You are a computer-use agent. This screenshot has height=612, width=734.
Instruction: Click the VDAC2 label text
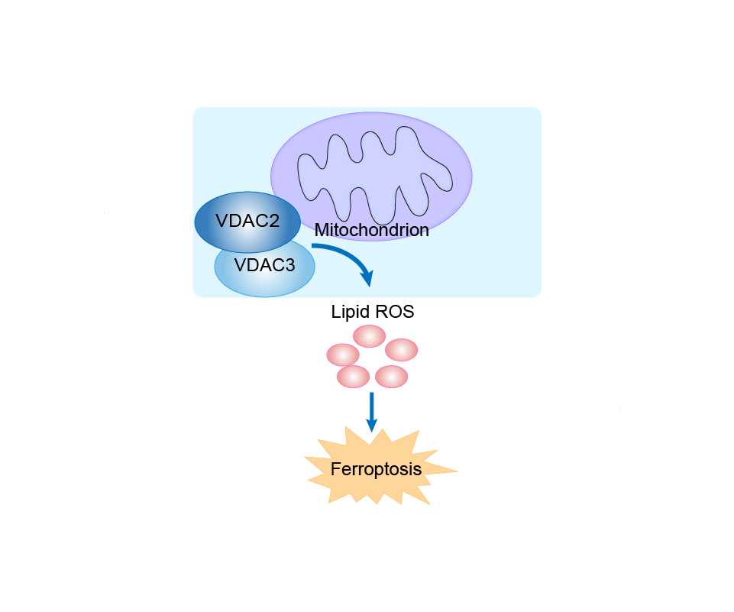[x=247, y=222]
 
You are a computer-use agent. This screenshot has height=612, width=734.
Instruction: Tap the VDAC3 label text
[x=264, y=266]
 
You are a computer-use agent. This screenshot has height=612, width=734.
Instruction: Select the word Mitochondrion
[x=371, y=230]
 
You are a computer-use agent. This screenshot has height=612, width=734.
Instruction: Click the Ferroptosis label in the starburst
[x=376, y=469]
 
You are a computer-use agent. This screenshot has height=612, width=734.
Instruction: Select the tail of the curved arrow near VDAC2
[x=315, y=247]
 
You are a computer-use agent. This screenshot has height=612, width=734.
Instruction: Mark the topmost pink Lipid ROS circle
[x=369, y=335]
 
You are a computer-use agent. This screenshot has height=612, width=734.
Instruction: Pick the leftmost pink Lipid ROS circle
[x=343, y=355]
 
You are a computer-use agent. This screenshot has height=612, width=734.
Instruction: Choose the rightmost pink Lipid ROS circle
[x=401, y=350]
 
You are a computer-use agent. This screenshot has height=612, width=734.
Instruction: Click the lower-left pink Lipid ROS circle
[x=354, y=376]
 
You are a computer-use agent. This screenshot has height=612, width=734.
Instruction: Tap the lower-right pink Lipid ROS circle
[x=392, y=376]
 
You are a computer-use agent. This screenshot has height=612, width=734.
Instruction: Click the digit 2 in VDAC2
[x=273, y=222]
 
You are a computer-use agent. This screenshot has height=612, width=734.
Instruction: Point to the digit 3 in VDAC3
[x=289, y=266]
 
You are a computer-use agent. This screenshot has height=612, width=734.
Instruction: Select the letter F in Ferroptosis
[x=335, y=469]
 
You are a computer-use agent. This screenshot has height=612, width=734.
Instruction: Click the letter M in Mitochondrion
[x=322, y=230]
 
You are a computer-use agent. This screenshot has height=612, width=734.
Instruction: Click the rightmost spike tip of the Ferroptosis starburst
[x=457, y=471]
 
